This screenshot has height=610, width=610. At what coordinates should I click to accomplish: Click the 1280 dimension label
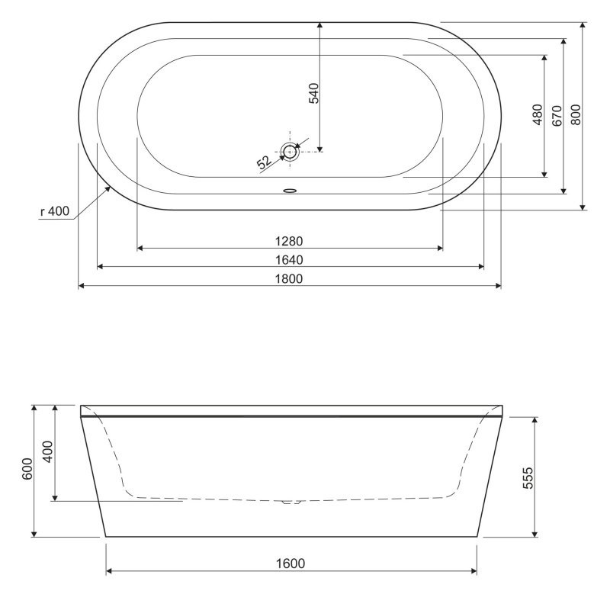click(289, 241)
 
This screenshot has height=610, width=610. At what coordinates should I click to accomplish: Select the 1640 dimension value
click(289, 260)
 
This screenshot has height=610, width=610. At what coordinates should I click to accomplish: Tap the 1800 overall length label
click(289, 279)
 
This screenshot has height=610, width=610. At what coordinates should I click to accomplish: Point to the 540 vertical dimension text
click(313, 93)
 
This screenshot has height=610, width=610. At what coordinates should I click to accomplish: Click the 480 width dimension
click(538, 114)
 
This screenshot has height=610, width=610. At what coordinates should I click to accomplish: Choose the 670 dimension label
click(557, 116)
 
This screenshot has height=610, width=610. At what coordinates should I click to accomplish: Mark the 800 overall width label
click(576, 114)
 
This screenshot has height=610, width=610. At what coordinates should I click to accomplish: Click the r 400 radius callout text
click(55, 211)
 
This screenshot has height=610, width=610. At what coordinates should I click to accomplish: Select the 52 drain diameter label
click(265, 162)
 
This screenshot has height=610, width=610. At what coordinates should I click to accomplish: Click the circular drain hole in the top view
click(290, 151)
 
